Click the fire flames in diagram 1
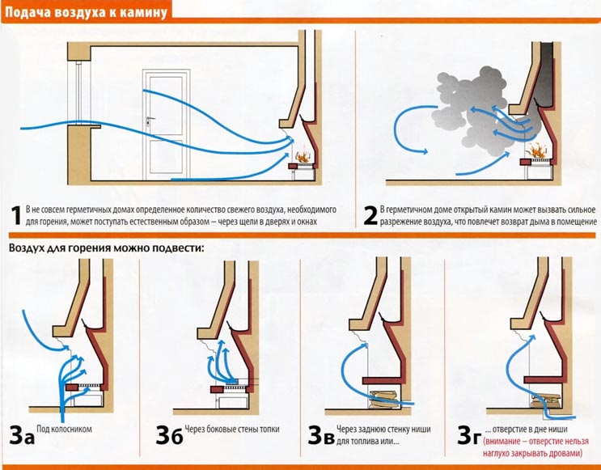[x=302, y=156]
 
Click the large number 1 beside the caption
[x=16, y=216]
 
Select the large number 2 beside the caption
[x=370, y=216]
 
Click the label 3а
[x=22, y=435]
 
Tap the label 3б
[x=169, y=435]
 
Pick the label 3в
[x=321, y=435]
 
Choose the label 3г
[x=468, y=435]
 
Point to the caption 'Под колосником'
[x=65, y=429]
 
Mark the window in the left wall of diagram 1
[x=79, y=92]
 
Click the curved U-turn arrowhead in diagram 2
[x=425, y=152]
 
